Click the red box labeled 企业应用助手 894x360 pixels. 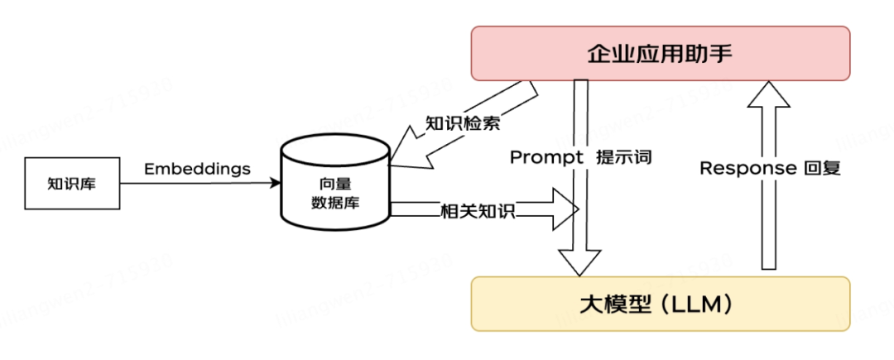[660, 54]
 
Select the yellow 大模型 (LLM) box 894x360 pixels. [660, 304]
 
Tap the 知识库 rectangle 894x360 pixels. [71, 182]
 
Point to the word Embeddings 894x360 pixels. [198, 169]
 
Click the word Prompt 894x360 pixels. [542, 157]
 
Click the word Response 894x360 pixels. [747, 168]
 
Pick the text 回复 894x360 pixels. [822, 168]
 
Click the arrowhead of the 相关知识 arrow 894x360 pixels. [566, 209]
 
